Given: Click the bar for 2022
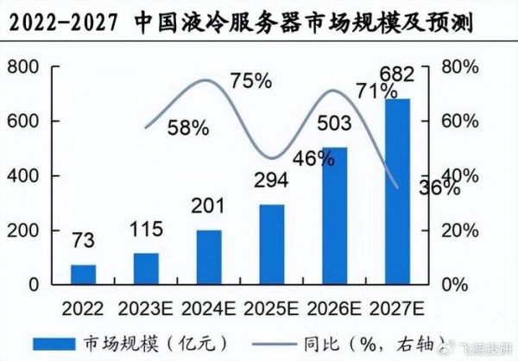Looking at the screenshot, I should [x=83, y=274].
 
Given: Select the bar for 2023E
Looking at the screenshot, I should [x=146, y=268].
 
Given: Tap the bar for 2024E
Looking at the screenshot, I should [x=208, y=256].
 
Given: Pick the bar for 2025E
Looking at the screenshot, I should [x=271, y=244].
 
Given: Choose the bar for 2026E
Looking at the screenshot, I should [x=334, y=216].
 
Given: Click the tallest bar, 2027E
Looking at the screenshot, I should [x=397, y=192].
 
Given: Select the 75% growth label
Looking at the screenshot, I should [x=251, y=82].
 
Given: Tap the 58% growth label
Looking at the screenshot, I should [x=188, y=128].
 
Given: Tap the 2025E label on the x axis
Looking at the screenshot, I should [x=271, y=307].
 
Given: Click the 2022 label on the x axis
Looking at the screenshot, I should [x=83, y=307].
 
